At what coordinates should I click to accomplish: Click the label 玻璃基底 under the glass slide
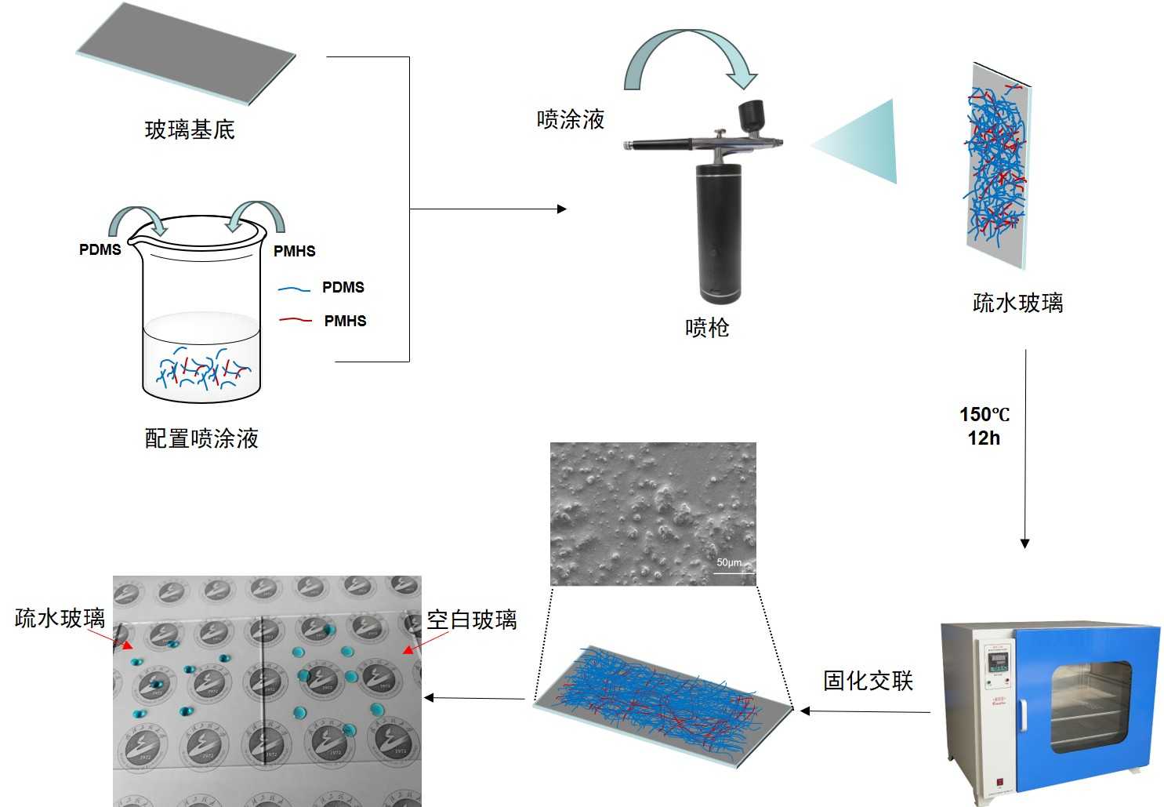(x=190, y=129)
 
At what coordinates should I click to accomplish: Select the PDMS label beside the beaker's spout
(x=100, y=249)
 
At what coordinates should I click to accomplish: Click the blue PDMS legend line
(x=294, y=289)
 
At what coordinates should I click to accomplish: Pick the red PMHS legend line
(x=296, y=320)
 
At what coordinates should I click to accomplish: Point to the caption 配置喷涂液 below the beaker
(x=201, y=438)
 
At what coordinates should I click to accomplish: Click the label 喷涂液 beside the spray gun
(x=571, y=119)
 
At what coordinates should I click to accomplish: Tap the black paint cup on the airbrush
(x=752, y=115)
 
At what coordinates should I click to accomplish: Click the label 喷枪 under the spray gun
(x=707, y=327)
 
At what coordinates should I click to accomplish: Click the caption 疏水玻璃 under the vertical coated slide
(x=1017, y=303)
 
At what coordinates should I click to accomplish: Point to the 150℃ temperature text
(x=985, y=414)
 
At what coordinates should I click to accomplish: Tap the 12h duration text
(x=984, y=438)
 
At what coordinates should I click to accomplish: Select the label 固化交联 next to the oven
(x=868, y=680)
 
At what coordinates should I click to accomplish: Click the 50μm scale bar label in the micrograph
(x=730, y=562)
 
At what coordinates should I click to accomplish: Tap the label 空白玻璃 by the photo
(x=471, y=620)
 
